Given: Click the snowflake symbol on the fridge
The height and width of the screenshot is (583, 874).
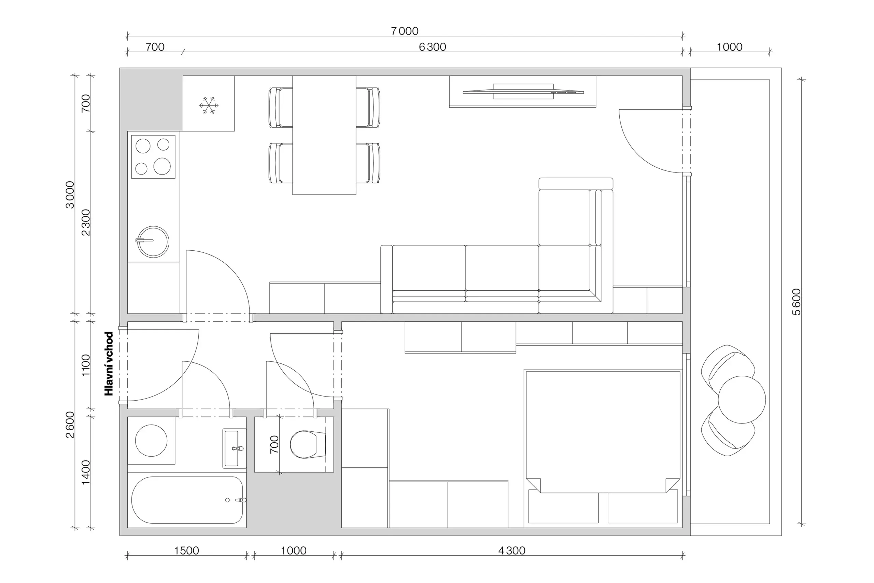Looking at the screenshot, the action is [x=209, y=105].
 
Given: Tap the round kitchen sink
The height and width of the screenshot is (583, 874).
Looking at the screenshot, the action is [x=153, y=242].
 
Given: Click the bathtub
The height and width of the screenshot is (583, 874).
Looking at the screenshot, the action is [x=187, y=500].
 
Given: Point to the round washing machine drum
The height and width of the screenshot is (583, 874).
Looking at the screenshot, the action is [x=151, y=441].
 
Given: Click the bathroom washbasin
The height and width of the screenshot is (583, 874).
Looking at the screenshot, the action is [x=234, y=448].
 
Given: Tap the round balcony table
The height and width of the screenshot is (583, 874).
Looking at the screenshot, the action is [x=742, y=400].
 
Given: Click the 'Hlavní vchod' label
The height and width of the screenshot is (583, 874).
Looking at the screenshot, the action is [x=109, y=364].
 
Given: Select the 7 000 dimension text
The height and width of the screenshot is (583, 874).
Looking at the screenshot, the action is [x=404, y=31].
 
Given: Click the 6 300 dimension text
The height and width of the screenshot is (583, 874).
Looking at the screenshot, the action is [x=432, y=47].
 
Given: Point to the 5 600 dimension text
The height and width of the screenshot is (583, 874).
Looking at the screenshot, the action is [x=797, y=302].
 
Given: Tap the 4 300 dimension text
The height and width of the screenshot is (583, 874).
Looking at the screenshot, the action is [x=512, y=551].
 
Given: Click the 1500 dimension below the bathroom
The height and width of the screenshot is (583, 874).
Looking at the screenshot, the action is [x=186, y=551].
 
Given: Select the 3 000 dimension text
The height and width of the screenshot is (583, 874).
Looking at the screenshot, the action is [x=70, y=195].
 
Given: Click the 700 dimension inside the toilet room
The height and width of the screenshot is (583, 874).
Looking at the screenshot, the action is [x=274, y=444].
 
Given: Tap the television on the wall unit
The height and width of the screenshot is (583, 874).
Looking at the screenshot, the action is [x=523, y=92].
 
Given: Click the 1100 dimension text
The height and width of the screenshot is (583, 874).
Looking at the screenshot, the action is [x=86, y=365].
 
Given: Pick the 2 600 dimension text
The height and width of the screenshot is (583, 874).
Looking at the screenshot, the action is [x=70, y=425].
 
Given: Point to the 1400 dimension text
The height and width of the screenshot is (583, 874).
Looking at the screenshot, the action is [x=86, y=472].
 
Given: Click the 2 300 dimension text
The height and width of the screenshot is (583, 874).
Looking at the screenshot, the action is [x=86, y=222].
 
